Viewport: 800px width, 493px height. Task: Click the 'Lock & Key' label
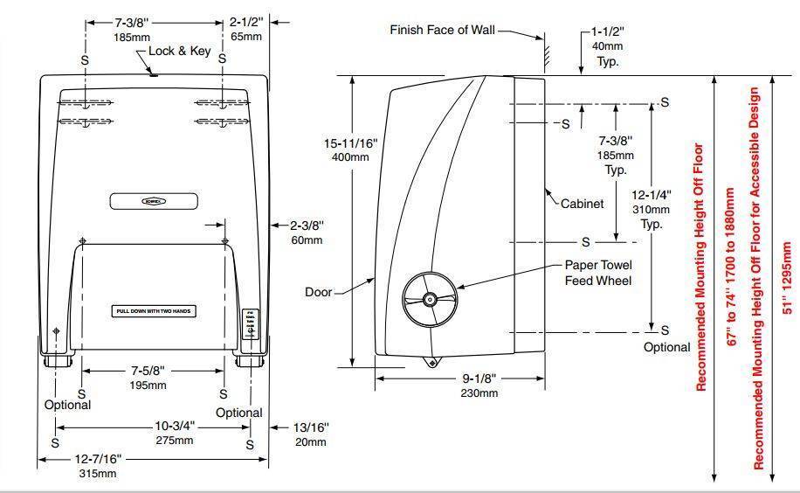[x=180, y=52]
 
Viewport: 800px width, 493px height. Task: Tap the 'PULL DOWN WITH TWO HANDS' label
[x=154, y=311]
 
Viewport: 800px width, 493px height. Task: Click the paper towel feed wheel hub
[x=430, y=300]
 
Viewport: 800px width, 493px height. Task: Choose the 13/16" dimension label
[x=312, y=427]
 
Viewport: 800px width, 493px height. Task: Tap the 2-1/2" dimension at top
[x=246, y=22]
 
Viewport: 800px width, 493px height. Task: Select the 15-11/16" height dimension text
[x=349, y=142]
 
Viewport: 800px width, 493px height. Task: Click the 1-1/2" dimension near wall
[x=609, y=32]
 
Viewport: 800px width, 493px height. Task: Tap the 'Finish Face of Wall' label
[x=442, y=30]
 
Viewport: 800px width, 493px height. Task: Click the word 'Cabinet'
[x=582, y=204]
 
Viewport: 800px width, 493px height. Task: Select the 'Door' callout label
[x=319, y=292]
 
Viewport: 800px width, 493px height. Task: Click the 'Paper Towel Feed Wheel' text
[x=597, y=273]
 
